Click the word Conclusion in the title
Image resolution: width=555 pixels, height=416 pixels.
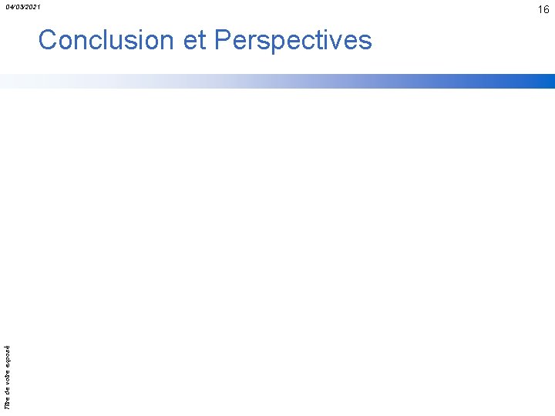click(x=106, y=40)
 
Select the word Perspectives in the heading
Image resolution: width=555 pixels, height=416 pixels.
click(x=293, y=40)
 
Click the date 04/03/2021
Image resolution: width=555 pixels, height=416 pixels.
click(x=23, y=7)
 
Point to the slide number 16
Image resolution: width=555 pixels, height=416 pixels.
click(x=543, y=9)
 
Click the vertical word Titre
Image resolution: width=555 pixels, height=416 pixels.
click(x=8, y=401)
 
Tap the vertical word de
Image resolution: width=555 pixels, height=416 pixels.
click(x=8, y=389)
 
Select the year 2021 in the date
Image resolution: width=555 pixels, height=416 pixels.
click(x=33, y=7)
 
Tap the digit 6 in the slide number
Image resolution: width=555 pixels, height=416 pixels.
click(x=547, y=9)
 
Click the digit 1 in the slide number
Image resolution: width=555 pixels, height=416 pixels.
click(x=540, y=9)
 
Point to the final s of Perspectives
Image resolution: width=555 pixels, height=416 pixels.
click(x=365, y=40)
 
